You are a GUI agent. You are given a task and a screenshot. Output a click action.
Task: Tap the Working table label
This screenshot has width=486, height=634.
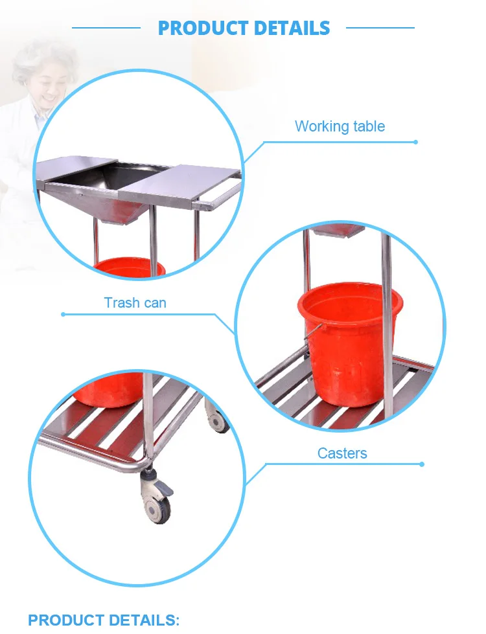pyautogui.click(x=340, y=126)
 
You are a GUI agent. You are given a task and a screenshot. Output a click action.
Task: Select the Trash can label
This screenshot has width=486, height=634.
pyautogui.click(x=135, y=302)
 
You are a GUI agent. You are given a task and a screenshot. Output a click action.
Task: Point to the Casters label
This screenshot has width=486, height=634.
pyautogui.click(x=342, y=453)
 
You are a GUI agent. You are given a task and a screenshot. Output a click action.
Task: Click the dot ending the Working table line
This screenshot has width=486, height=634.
pyautogui.click(x=415, y=142)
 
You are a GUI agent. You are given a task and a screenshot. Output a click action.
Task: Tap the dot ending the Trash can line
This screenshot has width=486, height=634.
pyautogui.click(x=63, y=315)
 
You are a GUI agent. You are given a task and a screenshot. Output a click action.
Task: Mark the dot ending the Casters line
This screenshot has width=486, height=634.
pyautogui.click(x=422, y=464)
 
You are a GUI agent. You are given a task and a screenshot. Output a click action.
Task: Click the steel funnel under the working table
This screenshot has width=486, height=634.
pyautogui.click(x=117, y=201)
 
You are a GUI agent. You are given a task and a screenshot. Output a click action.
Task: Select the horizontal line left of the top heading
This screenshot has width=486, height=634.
pyautogui.click(x=106, y=28)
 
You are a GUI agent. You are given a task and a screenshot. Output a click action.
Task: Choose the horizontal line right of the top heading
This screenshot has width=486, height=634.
pyautogui.click(x=380, y=28)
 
